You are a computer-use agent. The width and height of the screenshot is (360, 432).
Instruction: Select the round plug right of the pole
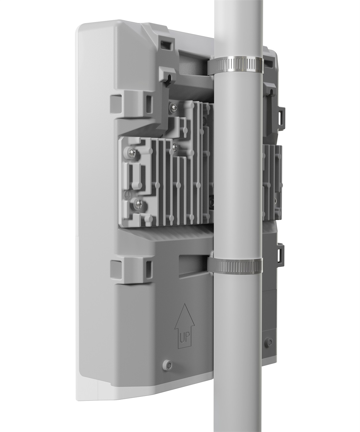coord(270,342)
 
